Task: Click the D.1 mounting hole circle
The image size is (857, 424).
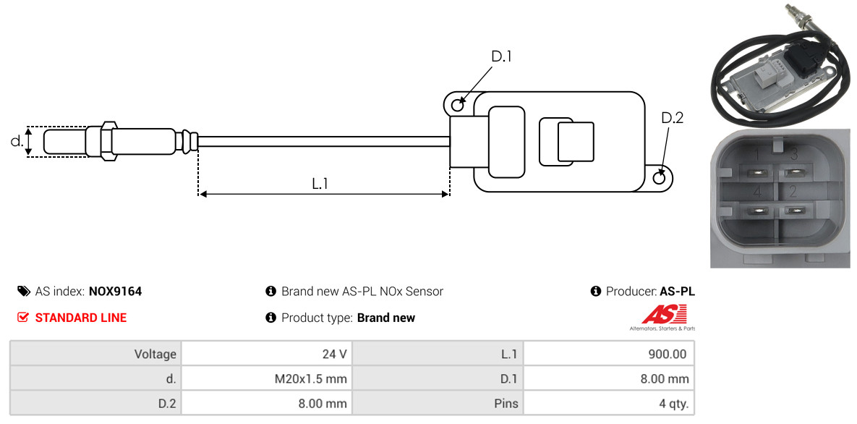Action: coord(457,103)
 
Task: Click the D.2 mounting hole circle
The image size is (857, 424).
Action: coord(660,177)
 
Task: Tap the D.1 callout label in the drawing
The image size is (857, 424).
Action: coord(501,56)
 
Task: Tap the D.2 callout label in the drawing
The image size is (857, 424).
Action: coord(672,118)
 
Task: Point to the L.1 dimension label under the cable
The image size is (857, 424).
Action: coord(320,184)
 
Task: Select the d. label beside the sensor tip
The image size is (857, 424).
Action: coord(17,141)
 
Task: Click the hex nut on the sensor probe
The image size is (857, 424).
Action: coord(108,141)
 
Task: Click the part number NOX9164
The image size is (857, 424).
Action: coord(115,292)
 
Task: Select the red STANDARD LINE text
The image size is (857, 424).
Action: coord(81,318)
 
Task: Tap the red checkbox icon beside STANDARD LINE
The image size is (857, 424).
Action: coord(22,318)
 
